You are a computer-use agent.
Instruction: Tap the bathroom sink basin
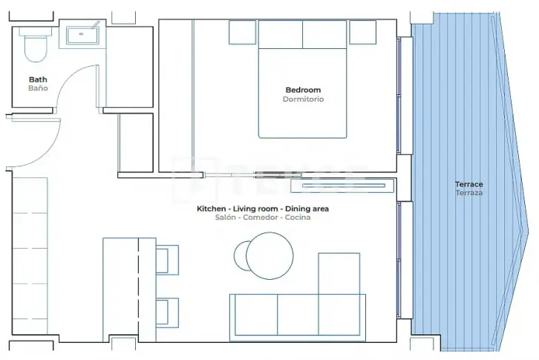coord(82,36)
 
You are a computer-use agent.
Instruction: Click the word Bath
coord(38,79)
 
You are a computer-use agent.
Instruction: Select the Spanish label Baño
coord(38,88)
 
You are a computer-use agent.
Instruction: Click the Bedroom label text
coord(303,90)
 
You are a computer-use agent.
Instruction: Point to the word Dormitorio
coord(303,99)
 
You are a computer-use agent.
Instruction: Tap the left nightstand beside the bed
coord(242,32)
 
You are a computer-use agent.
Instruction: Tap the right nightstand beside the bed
coord(362,32)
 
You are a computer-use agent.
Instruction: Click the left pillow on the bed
coord(281,34)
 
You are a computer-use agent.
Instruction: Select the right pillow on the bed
coord(324,34)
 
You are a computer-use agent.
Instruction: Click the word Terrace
coord(469,184)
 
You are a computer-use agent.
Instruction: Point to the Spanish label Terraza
coord(469,193)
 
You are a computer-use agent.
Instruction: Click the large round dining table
coord(269,256)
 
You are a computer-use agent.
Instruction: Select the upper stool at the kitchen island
coord(167,260)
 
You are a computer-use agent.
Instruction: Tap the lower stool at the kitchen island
coord(167,312)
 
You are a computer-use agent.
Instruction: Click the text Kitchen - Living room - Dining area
coord(263,209)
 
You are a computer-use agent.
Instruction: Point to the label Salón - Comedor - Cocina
coord(263,217)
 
